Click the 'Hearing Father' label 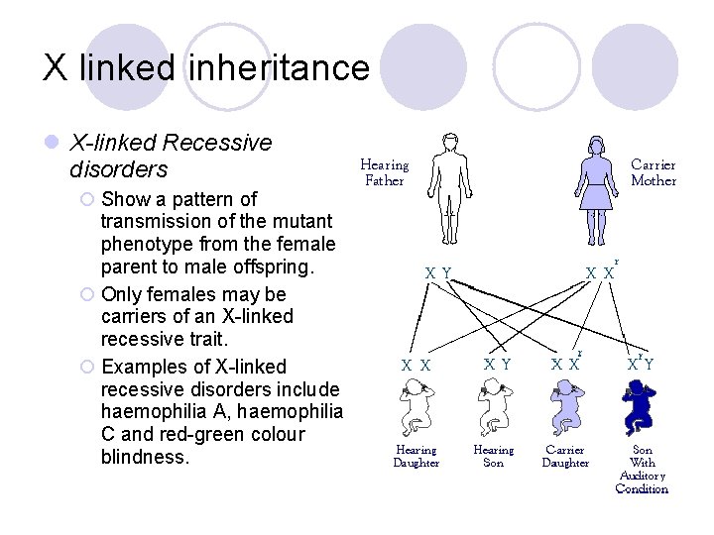point(384,172)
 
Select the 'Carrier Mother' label point(654,172)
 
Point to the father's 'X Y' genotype point(438,272)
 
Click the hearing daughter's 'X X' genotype point(416,365)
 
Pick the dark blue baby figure point(641,406)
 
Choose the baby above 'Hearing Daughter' point(416,407)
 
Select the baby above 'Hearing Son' point(493,406)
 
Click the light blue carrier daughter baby point(566,406)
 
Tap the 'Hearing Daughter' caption point(416,457)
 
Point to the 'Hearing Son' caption point(493,456)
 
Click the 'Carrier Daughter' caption point(565,456)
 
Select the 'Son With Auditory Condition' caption point(642,469)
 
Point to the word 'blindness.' point(145,457)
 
